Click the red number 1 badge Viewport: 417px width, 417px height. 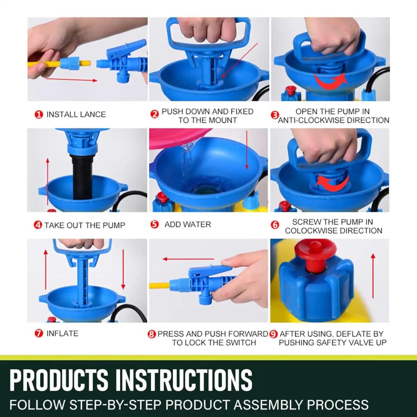pyautogui.click(x=39, y=115)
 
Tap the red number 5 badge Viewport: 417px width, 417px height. pyautogui.click(x=154, y=224)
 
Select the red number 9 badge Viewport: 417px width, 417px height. pyautogui.click(x=274, y=334)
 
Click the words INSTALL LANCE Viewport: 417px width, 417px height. pyautogui.click(x=76, y=115)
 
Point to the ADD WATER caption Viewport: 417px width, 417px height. pyautogui.click(x=188, y=224)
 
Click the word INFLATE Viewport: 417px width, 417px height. pyautogui.click(x=62, y=334)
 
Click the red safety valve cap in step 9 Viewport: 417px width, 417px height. pyautogui.click(x=315, y=253)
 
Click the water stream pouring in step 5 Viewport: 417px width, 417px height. pyautogui.click(x=188, y=158)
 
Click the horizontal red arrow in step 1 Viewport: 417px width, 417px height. pyautogui.click(x=71, y=80)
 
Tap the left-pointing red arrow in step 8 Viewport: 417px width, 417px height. pyautogui.click(x=188, y=259)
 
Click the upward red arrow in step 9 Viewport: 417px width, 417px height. pyautogui.click(x=373, y=276)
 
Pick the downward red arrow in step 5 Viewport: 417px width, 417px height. pyautogui.click(x=247, y=151)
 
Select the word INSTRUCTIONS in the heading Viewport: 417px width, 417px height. pyautogui.click(x=184, y=380)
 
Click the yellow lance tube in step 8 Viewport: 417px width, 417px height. pyautogui.click(x=159, y=286)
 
